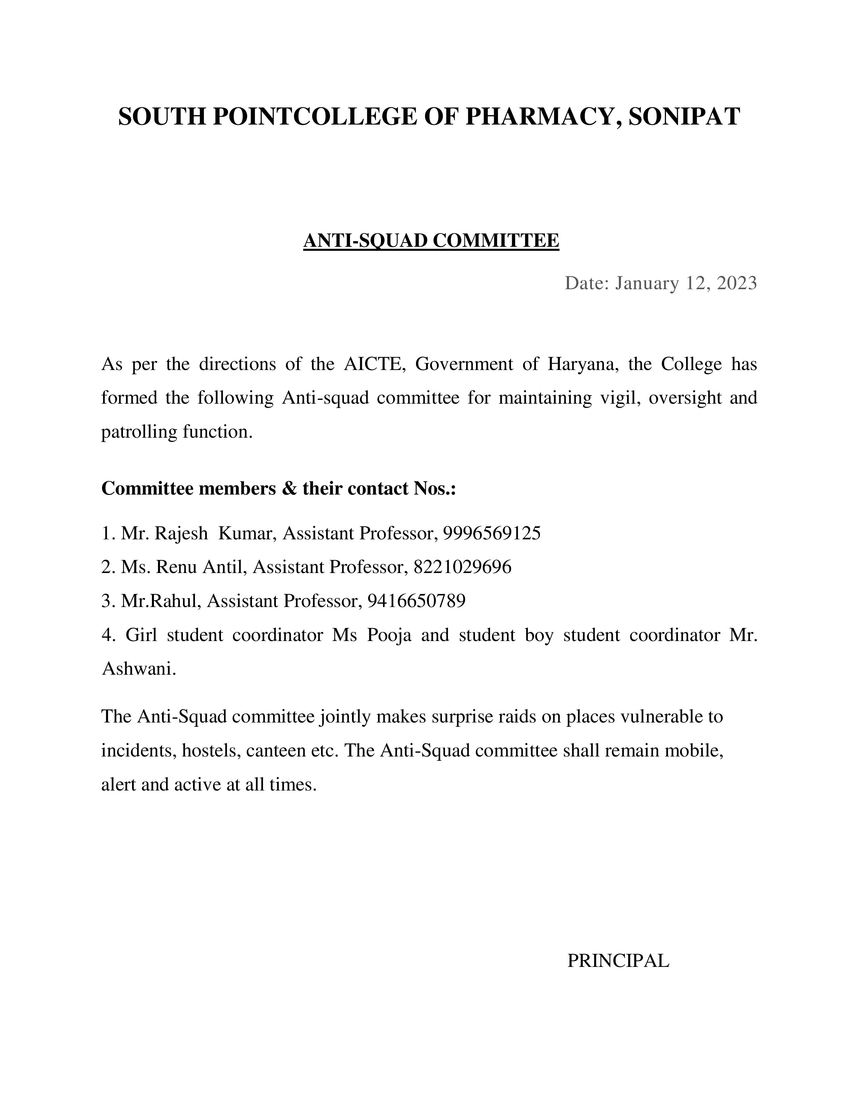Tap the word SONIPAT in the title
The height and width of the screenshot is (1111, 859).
point(685,116)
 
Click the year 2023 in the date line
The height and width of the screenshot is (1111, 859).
point(737,283)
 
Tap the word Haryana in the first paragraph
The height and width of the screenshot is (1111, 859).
point(583,364)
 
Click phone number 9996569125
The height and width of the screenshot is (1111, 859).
point(491,533)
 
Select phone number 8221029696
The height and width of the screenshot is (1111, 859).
point(463,567)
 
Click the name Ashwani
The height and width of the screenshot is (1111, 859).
point(138,669)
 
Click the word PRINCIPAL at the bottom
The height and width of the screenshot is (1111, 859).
point(618,961)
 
